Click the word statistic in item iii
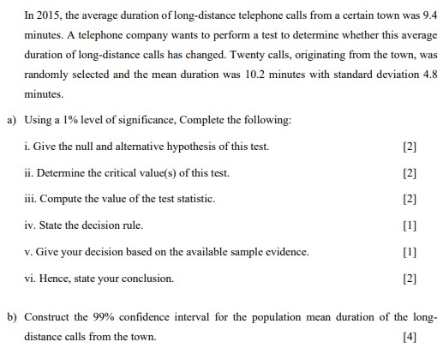click(x=194, y=199)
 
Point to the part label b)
click(x=12, y=317)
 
